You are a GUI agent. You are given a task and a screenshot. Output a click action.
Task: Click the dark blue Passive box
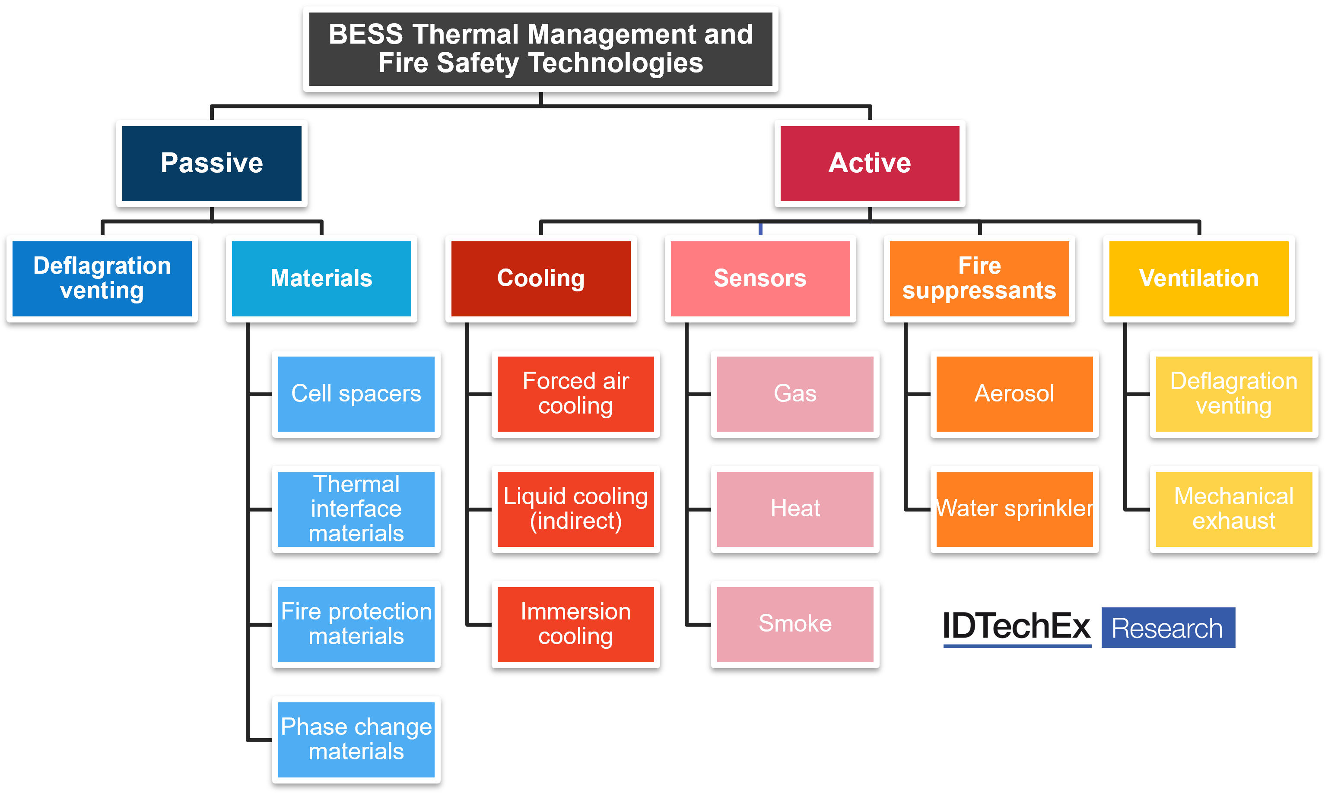212,163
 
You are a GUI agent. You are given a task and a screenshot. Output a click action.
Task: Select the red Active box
869,163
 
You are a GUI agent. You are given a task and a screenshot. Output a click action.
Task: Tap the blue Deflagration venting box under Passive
102,278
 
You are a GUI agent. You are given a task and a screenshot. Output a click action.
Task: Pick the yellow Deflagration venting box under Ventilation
1233,394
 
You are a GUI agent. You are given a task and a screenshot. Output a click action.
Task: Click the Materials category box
321,278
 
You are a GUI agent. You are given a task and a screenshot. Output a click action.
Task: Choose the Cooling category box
540,278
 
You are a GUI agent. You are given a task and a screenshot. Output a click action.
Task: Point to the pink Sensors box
760,278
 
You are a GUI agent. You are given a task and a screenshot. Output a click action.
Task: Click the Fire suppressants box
979,278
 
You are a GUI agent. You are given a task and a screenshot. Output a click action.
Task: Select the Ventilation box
1198,278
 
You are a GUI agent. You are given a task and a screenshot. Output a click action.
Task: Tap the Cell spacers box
356,394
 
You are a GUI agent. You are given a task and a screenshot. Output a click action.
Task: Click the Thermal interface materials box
356,509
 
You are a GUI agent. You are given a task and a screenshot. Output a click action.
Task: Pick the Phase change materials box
356,739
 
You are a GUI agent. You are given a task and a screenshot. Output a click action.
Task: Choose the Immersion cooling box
575,624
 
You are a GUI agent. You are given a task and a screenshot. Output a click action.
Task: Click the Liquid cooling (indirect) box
575,509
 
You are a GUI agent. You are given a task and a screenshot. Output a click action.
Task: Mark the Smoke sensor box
795,624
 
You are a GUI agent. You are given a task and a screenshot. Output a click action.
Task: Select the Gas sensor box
795,394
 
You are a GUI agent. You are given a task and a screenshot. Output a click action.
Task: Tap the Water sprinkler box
1014,509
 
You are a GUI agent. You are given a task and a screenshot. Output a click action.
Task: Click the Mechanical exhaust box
1233,509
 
